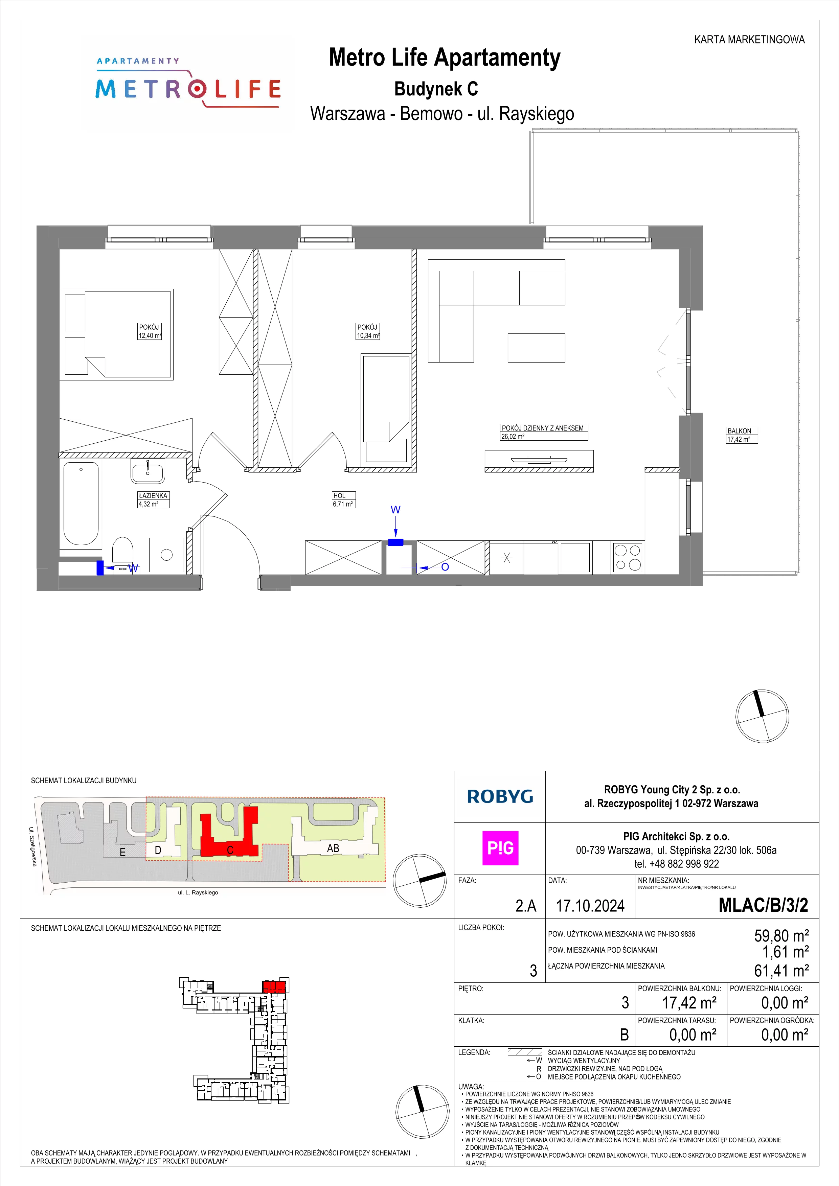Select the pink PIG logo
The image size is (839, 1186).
pyautogui.click(x=500, y=848)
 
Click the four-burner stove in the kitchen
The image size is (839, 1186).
pyautogui.click(x=627, y=557)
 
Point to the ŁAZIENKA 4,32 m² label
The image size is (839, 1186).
pyautogui.click(x=153, y=499)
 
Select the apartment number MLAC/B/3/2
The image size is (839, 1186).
pyautogui.click(x=763, y=905)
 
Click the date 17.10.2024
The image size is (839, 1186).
pyautogui.click(x=590, y=906)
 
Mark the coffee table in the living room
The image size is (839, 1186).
pyautogui.click(x=536, y=348)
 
